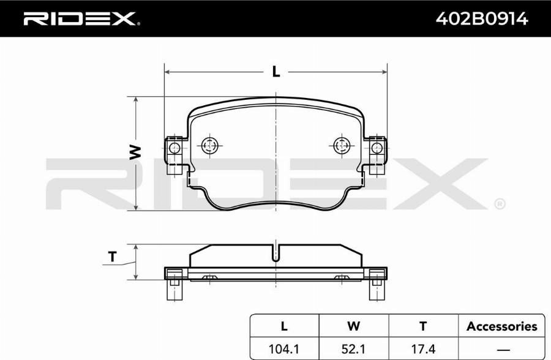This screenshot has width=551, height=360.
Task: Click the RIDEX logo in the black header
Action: pos(81,19)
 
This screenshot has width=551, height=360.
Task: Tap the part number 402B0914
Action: pos(482,18)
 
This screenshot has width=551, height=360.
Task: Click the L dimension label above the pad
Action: pos(276,72)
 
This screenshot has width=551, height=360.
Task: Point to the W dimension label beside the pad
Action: pos(135,152)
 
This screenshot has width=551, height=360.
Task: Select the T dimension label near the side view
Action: pos(113,257)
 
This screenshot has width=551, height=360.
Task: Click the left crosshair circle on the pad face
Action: pos(210,145)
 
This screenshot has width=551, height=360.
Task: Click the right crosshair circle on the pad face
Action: pos(342,145)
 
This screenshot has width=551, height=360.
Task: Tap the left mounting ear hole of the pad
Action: pos(174,148)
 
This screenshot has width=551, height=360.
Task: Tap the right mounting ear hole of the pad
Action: pos(377,148)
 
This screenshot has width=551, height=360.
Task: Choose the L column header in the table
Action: pos(284,326)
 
